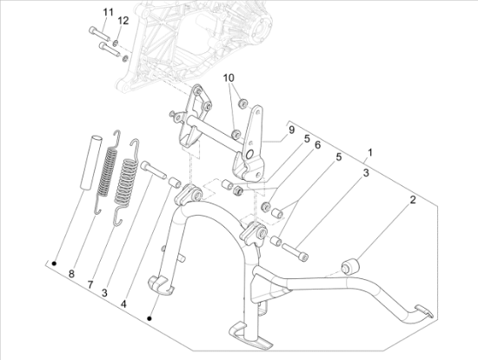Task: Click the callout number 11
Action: [x=109, y=12]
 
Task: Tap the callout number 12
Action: [x=123, y=21]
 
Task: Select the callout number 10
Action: [x=229, y=77]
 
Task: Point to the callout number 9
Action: [x=291, y=130]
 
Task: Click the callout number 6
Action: [x=317, y=145]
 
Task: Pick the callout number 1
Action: [x=370, y=152]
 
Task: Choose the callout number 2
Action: [x=413, y=200]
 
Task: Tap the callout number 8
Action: [x=71, y=274]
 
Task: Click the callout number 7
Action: [x=90, y=285]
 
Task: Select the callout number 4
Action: [x=123, y=303]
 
